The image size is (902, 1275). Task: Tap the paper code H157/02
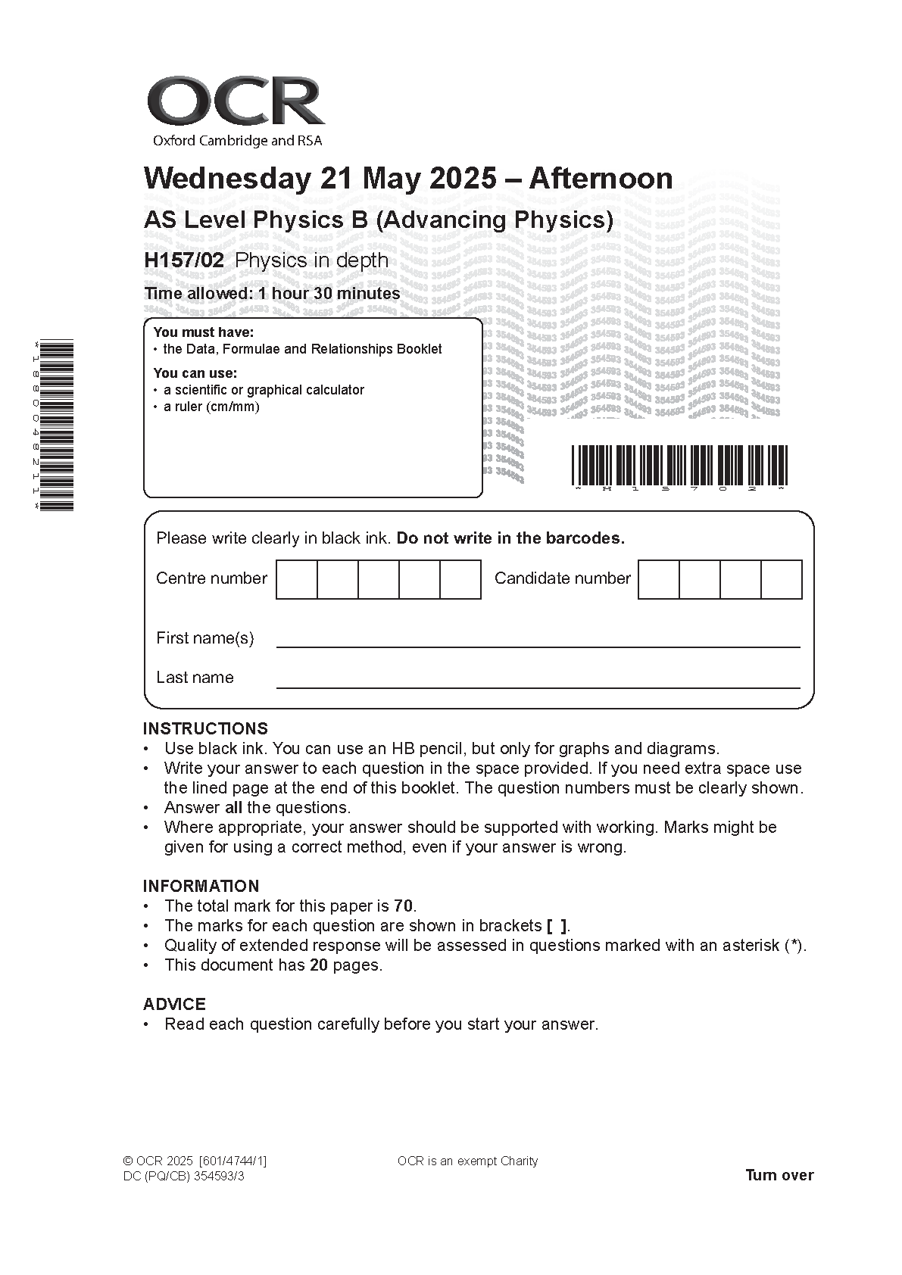coord(184,260)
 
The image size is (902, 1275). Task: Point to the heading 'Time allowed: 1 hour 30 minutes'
coord(272,294)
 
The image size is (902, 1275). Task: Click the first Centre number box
coord(296,579)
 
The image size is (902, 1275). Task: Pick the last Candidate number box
coord(781,579)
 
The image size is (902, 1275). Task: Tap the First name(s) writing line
coord(538,646)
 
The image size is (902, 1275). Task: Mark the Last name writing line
coord(538,686)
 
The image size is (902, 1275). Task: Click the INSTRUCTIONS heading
coord(205,728)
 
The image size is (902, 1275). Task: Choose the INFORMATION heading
coord(201,886)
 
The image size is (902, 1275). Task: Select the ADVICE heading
coord(174,1004)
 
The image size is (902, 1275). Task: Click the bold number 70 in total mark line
coord(404,906)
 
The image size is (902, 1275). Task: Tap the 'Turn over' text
coord(779,1175)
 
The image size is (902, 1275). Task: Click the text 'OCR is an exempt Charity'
coord(467,1161)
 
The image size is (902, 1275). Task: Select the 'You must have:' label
coord(203,332)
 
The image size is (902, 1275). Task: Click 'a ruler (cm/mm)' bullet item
coord(211,407)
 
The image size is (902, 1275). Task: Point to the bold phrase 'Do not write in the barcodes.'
coord(510,538)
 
